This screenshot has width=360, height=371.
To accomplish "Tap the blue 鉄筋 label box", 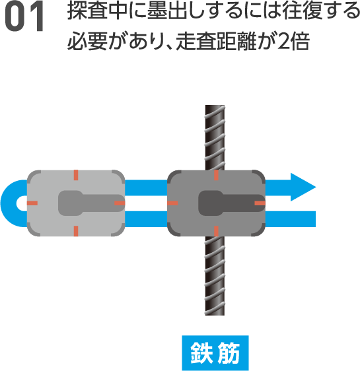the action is tap(215, 353).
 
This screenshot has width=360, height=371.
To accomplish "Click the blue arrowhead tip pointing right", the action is tap(316, 187).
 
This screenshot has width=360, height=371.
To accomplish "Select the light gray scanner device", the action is tap(76, 203).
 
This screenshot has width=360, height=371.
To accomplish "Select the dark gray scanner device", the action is tap(216, 203).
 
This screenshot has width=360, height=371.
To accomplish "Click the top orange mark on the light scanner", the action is tap(76, 175).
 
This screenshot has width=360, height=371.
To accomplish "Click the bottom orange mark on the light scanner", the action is tap(76, 231).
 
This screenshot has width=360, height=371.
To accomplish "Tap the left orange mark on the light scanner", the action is tap(32, 203).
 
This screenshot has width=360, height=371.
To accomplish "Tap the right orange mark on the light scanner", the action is tap(120, 203).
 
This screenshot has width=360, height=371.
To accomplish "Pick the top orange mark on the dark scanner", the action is tap(216, 175).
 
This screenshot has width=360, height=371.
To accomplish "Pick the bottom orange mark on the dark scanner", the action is tap(216, 231).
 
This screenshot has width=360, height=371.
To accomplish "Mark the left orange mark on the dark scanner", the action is tap(172, 203).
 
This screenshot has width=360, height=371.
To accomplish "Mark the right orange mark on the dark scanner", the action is tap(260, 203).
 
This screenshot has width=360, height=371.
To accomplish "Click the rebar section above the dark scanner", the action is tap(215, 137).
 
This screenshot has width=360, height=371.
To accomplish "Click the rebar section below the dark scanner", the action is tap(215, 276).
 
